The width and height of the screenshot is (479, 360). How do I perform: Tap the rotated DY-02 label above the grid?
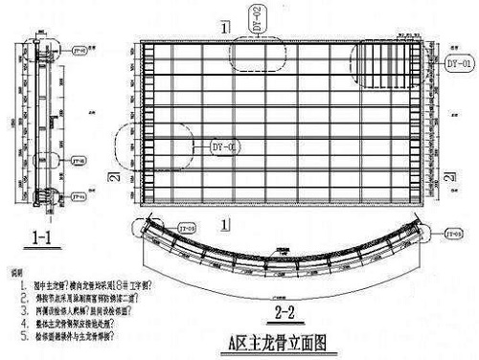pos(256,18)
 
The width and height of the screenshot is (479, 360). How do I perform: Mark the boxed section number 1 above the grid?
pos(224,28)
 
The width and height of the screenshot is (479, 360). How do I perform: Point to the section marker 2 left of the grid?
pos(114,180)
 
